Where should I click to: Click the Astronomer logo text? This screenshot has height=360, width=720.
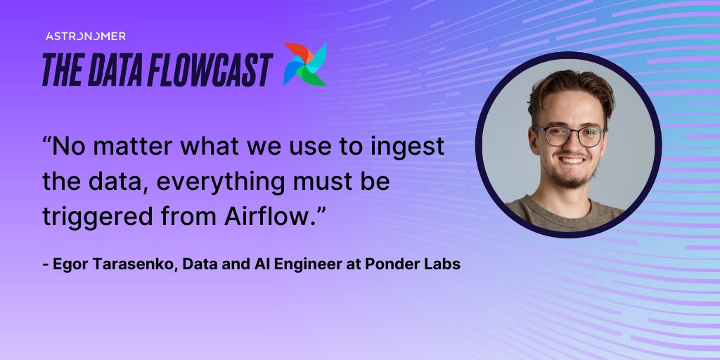click(85, 36)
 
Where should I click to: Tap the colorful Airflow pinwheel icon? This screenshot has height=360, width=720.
click(305, 65)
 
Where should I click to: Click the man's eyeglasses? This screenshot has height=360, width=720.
click(569, 136)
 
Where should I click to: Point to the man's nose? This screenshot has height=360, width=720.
click(571, 146)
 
